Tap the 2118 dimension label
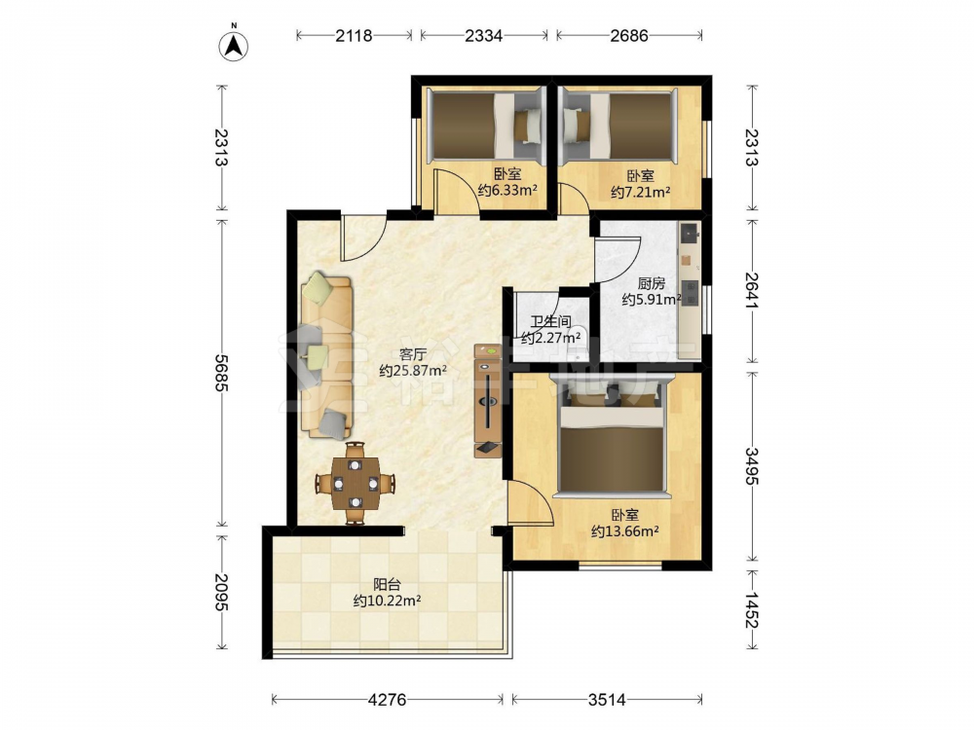[x=354, y=36]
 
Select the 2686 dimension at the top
[x=628, y=36]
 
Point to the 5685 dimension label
[x=221, y=373]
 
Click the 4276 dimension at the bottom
[x=387, y=700]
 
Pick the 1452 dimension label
[x=752, y=610]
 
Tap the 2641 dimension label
[x=752, y=290]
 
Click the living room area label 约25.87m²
[x=413, y=371]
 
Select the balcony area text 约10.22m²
[x=387, y=601]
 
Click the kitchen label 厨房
[x=651, y=283]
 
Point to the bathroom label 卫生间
[x=550, y=321]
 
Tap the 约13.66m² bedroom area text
[x=625, y=531]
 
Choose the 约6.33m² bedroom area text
[x=507, y=190]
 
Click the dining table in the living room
[x=355, y=483]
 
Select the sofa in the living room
[x=326, y=355]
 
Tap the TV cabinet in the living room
[x=488, y=401]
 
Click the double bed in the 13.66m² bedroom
[x=615, y=438]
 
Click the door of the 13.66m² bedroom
[x=530, y=502]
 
